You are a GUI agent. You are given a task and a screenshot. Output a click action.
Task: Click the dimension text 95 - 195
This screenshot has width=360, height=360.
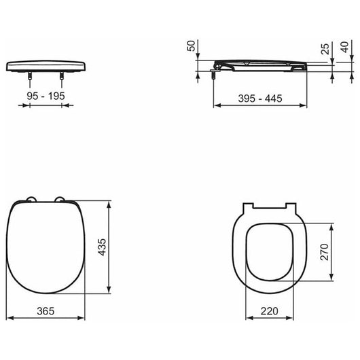pos(46,96)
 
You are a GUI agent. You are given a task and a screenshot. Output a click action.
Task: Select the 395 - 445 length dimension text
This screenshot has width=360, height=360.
pos(260,98)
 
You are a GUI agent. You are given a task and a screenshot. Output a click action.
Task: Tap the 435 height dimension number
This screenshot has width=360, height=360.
pos(102,247)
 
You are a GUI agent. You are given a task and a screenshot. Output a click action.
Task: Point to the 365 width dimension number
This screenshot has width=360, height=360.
pos(46,311)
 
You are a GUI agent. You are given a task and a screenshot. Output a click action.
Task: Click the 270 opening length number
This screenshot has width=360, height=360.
pos(325,252)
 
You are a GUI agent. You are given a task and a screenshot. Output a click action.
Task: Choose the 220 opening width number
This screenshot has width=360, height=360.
pos(269,311)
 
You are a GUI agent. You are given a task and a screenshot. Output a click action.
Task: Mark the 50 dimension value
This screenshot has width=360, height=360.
pos(191,46)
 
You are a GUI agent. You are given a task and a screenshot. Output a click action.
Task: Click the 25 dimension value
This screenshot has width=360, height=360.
pos(325,49)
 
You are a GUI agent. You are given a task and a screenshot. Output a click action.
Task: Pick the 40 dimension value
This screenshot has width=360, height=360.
pos(344,47)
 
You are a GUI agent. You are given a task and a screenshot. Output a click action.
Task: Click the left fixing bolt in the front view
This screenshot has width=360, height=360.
pos(30,76)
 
